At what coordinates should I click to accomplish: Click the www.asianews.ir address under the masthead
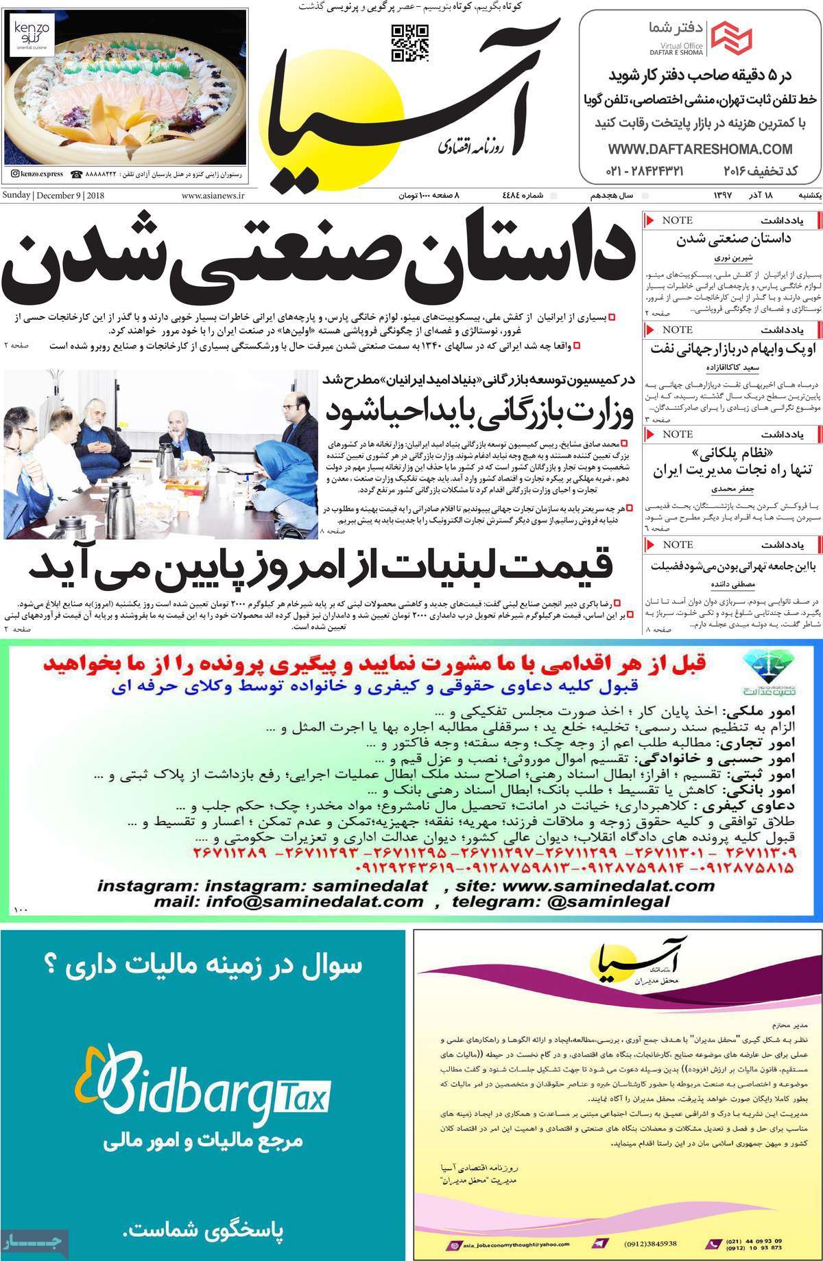click(213, 196)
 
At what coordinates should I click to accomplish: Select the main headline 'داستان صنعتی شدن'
click(317, 266)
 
